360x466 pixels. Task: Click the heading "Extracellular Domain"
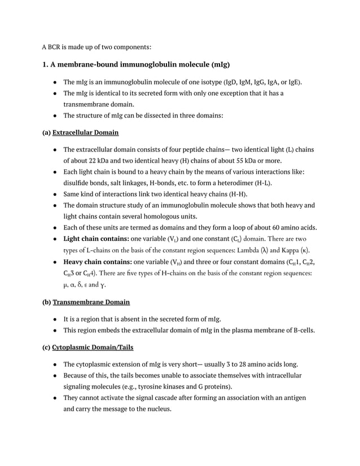(85, 133)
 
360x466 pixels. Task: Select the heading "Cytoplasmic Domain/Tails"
(93, 347)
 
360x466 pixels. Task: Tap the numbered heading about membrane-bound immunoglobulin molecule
(136, 64)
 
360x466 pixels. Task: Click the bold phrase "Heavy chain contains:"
(97, 262)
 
